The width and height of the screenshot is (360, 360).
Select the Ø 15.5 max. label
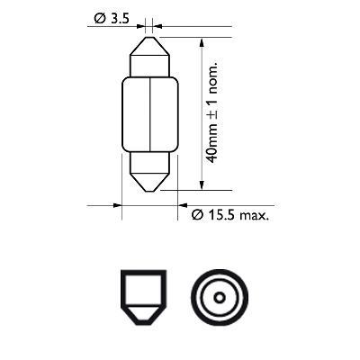(x=231, y=216)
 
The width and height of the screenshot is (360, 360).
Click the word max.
(x=257, y=216)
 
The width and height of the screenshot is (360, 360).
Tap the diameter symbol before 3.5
(x=95, y=17)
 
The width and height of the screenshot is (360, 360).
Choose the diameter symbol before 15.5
(x=198, y=216)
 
